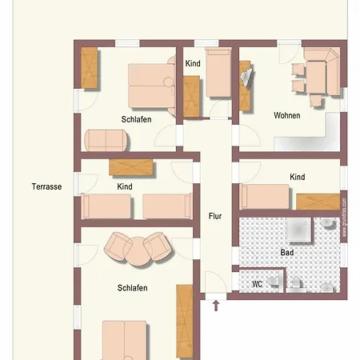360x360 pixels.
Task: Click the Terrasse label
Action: click(x=46, y=186)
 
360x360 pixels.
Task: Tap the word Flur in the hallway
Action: click(x=215, y=216)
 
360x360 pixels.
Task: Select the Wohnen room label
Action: click(x=286, y=116)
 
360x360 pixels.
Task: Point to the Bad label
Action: click(x=286, y=252)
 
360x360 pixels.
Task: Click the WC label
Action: click(x=257, y=284)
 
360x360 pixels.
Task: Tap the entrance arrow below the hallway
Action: click(x=214, y=304)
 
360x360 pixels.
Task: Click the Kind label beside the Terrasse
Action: click(x=125, y=186)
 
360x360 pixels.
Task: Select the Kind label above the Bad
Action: click(x=298, y=177)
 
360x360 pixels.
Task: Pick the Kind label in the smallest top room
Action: click(x=193, y=63)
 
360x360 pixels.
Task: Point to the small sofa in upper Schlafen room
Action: click(x=106, y=139)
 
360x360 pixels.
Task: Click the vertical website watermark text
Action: click(x=344, y=218)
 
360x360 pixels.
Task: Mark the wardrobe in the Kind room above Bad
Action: click(x=317, y=201)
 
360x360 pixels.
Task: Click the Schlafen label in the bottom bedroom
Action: click(x=132, y=288)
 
